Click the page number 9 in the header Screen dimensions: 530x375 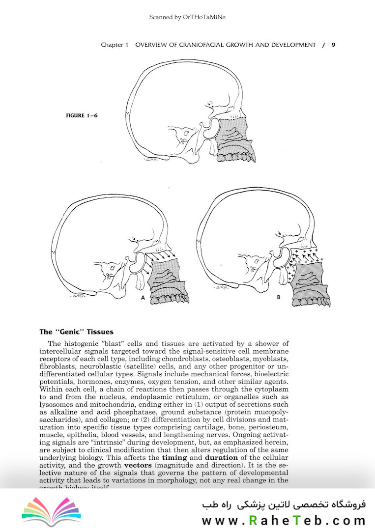point(333,45)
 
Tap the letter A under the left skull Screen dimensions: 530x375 point(143,297)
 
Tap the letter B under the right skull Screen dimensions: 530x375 point(278,296)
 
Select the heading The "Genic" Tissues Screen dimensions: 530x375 point(76,332)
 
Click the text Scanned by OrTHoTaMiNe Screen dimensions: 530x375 point(187,18)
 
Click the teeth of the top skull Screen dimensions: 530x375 point(234,157)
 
